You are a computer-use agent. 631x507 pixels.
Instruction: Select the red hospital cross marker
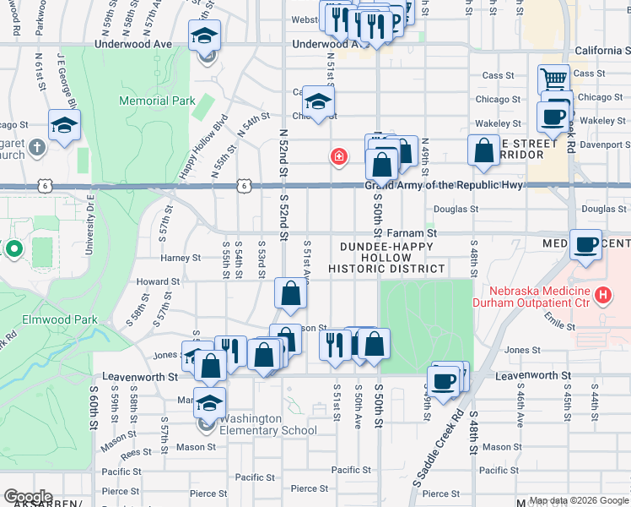(339, 156)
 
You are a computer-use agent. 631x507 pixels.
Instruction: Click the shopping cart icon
(553, 79)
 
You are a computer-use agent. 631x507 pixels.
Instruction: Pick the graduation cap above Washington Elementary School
(209, 402)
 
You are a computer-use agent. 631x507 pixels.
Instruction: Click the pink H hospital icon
(602, 295)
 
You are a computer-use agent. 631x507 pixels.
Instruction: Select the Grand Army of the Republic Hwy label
(443, 185)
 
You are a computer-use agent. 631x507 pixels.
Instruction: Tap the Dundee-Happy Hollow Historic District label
(386, 257)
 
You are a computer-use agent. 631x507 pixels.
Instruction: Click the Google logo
(28, 497)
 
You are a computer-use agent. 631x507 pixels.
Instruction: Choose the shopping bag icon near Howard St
(290, 294)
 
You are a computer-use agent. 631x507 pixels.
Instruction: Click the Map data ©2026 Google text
(577, 500)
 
